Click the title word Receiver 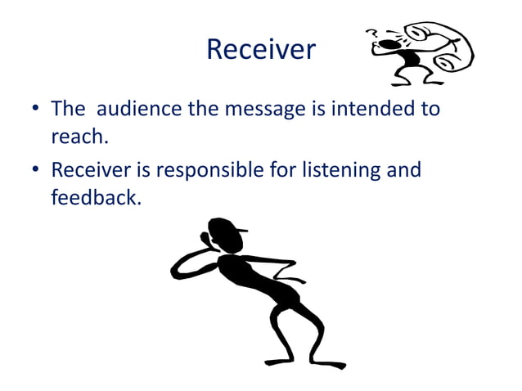pos(260,50)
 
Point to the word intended pos(370,109)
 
